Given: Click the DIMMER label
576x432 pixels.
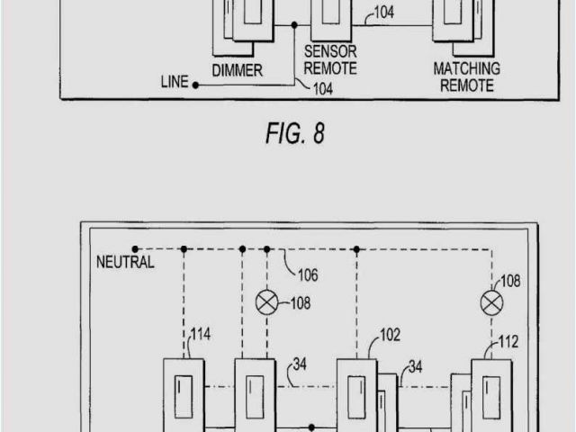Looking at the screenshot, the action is click(237, 69).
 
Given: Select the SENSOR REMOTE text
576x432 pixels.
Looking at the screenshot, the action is click(330, 59).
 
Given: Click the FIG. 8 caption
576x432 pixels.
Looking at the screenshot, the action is click(294, 134).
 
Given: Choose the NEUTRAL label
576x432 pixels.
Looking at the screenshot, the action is click(125, 263).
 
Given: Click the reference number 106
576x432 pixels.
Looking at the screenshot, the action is click(307, 274).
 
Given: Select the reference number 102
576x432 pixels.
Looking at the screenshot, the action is click(390, 334).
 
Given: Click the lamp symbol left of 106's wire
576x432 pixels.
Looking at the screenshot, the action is click(267, 302).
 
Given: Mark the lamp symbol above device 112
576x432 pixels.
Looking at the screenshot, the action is click(491, 302).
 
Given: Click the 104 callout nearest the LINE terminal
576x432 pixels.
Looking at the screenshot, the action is click(323, 88).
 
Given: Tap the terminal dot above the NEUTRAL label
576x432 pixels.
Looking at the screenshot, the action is click(135, 247).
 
